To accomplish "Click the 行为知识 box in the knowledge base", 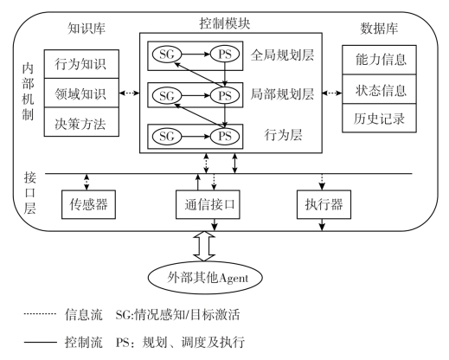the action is pyautogui.click(x=81, y=64).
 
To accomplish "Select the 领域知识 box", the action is pyautogui.click(x=81, y=93).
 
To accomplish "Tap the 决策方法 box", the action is pyautogui.click(x=81, y=122).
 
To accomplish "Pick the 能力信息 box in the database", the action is pyautogui.click(x=379, y=60).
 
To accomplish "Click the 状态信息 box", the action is pyautogui.click(x=379, y=89).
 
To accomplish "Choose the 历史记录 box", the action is pyautogui.click(x=379, y=118).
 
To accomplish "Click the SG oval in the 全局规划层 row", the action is pyautogui.click(x=167, y=54).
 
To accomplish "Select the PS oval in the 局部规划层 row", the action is pyautogui.click(x=225, y=95).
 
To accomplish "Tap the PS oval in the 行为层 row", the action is pyautogui.click(x=225, y=136).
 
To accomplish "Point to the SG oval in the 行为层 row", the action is pyautogui.click(x=167, y=136).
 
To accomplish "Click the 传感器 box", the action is pyautogui.click(x=88, y=204).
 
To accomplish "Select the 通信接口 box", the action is pyautogui.click(x=208, y=204).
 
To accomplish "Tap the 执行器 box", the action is pyautogui.click(x=324, y=204).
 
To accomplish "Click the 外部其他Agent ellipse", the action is pyautogui.click(x=205, y=278).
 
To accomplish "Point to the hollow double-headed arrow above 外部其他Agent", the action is pyautogui.click(x=204, y=246).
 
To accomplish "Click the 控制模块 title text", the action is pyautogui.click(x=225, y=23).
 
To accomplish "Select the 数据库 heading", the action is pyautogui.click(x=379, y=29).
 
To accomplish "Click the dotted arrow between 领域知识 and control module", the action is pyautogui.click(x=129, y=93).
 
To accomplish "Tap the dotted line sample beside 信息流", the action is pyautogui.click(x=40, y=313).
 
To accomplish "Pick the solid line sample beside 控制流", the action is pyautogui.click(x=41, y=343).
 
